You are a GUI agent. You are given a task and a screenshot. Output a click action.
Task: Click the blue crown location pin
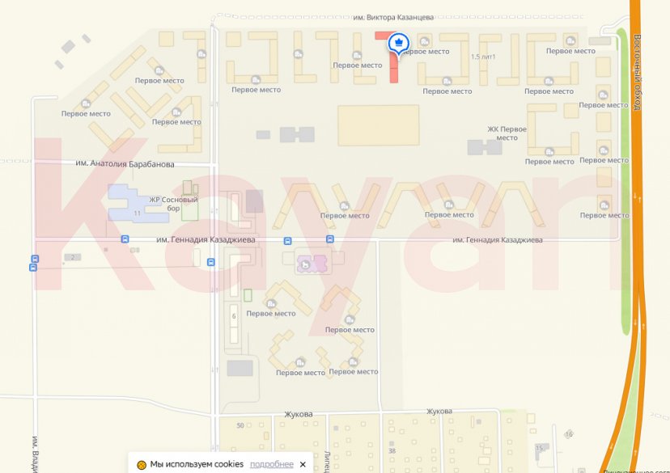point(398,44)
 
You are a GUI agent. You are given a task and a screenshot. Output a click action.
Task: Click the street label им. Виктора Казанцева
point(394,16)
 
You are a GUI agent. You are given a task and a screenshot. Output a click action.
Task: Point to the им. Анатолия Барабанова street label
point(125,164)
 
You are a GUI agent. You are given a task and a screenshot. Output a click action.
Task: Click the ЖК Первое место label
point(507,133)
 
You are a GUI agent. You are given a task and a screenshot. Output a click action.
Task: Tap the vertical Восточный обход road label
point(638,73)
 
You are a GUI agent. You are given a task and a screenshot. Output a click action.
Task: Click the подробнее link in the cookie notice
point(271,464)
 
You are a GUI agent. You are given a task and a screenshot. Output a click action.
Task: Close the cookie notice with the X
point(303,464)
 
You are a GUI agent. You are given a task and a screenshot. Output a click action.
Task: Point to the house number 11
point(138,213)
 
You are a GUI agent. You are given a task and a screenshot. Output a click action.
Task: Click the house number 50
point(240,425)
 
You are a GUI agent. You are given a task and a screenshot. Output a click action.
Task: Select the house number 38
point(392,451)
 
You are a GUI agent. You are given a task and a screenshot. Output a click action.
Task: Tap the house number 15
point(539,447)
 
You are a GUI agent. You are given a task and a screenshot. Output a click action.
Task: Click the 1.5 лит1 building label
point(482,57)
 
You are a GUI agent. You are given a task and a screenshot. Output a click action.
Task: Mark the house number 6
point(234,316)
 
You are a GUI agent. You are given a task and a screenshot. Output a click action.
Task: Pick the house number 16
point(569,434)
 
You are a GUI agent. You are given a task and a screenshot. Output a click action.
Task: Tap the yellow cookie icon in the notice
point(142,464)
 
